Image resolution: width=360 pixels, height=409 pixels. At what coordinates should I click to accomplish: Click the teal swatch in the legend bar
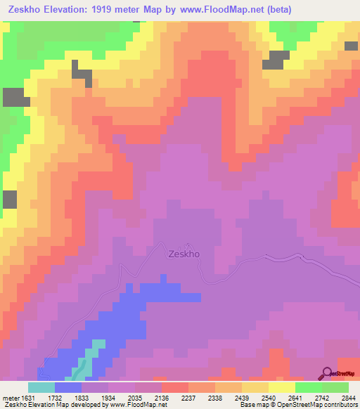(x=41, y=387)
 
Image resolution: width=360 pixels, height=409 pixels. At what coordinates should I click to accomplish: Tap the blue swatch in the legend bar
(x=68, y=387)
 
